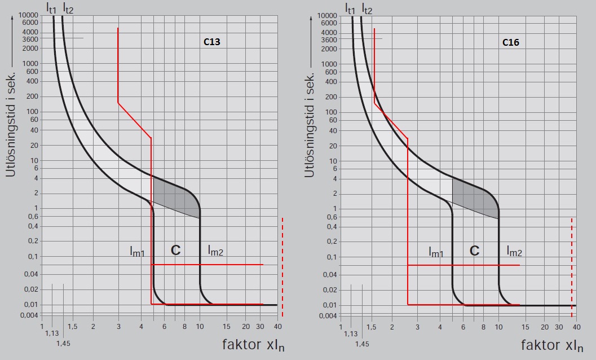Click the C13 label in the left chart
point(211,42)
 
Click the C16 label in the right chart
point(510,42)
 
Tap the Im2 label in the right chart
point(514,252)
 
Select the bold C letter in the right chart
point(474,251)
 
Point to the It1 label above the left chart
point(51,8)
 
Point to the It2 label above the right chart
point(367,8)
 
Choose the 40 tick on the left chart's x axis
point(278,327)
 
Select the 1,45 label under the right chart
point(363,343)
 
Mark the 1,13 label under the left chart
point(51,334)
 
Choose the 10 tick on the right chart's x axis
point(498,327)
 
